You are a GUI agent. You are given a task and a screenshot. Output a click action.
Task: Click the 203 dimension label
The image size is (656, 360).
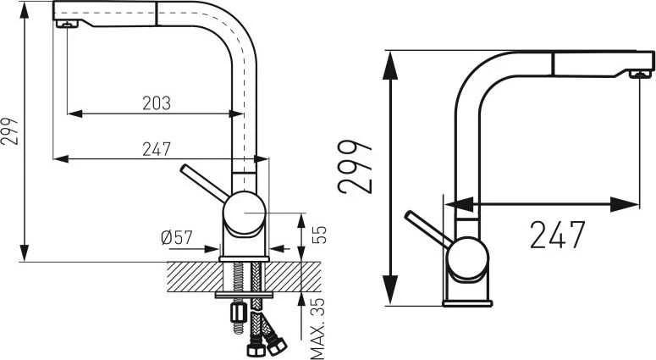pyautogui.click(x=157, y=103)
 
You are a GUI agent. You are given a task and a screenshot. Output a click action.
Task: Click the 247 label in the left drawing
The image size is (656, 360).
pyautogui.click(x=157, y=149)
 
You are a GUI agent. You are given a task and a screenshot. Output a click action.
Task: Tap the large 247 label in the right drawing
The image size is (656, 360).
pyautogui.click(x=557, y=235)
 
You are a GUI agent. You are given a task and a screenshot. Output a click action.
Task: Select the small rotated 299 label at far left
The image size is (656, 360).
pyautogui.click(x=9, y=131)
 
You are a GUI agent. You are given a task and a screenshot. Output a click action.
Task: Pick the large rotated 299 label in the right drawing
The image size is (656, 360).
pyautogui.click(x=355, y=167)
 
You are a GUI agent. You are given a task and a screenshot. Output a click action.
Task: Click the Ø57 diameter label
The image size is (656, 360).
pyautogui.click(x=177, y=238)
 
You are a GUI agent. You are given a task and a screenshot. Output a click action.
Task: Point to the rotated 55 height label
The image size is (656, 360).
pyautogui.click(x=319, y=235)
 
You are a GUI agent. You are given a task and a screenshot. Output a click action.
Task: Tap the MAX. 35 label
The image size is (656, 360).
pyautogui.click(x=318, y=329)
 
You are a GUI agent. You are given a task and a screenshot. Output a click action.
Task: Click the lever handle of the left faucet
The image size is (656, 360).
pyautogui.click(x=203, y=183)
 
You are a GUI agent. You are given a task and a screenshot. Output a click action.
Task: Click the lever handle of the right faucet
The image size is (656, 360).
pyautogui.click(x=427, y=228)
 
